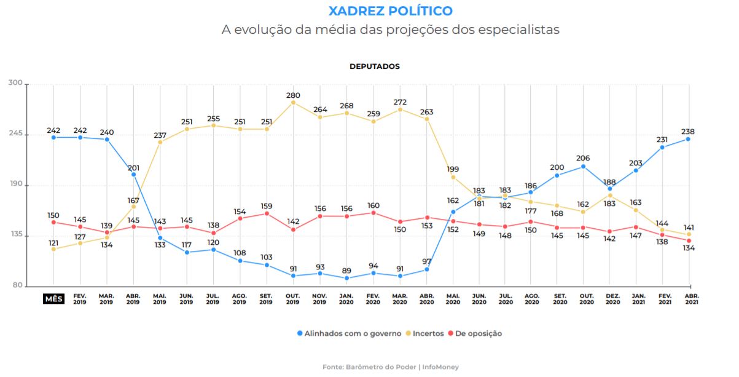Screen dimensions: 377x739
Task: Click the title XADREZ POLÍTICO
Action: point(390,11)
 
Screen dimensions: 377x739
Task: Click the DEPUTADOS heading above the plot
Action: point(374,66)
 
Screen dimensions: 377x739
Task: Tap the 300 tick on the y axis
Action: point(15,83)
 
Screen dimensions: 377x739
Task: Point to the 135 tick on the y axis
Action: point(15,235)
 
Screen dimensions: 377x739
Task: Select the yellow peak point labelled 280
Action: point(293,102)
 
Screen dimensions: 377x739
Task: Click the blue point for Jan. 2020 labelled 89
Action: point(346,278)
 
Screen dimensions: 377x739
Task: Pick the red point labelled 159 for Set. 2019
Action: point(267,213)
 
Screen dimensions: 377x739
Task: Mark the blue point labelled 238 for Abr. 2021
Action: point(689,139)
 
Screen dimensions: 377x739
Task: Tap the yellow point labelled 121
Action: point(53,248)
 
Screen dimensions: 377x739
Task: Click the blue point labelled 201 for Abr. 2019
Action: point(133,174)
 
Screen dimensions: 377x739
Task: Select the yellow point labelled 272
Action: point(400,109)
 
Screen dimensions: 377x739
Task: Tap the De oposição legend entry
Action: point(474,333)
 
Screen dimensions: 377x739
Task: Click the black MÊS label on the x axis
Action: point(53,299)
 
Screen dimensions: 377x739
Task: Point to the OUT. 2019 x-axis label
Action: point(293,299)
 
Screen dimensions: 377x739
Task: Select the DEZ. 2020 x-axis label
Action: point(612,299)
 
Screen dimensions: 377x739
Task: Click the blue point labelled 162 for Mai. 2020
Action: point(453,212)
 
